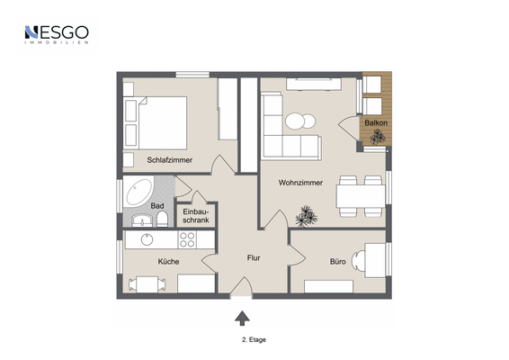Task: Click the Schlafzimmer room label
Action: tap(169, 160)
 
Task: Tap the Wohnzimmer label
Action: tap(300, 183)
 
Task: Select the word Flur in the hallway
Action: tap(254, 257)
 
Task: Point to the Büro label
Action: tap(337, 262)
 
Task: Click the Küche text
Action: tap(168, 262)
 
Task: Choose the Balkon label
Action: tap(376, 122)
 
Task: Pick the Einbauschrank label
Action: tap(196, 216)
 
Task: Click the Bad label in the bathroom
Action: tap(157, 206)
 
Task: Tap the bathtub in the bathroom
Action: tap(138, 192)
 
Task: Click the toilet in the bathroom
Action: tap(162, 220)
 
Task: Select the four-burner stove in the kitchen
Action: tap(187, 239)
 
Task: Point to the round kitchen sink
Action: tap(147, 239)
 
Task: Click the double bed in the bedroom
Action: tap(156, 122)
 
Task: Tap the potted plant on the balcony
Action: tap(378, 137)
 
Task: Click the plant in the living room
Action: tap(306, 216)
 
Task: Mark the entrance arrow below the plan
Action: tap(242, 318)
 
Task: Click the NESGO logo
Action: tap(57, 35)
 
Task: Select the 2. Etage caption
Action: tap(254, 340)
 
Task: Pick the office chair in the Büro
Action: tap(359, 261)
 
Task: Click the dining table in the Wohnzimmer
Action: tap(361, 196)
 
